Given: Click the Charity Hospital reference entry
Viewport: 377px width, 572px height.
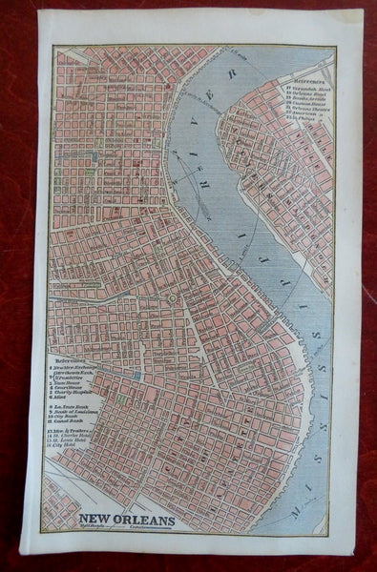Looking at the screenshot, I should tap(73, 395).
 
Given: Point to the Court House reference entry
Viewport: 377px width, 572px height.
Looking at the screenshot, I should tap(68, 388).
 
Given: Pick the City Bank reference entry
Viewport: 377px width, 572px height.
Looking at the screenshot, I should tap(67, 427).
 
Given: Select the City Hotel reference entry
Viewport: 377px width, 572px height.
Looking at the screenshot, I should tap(67, 464).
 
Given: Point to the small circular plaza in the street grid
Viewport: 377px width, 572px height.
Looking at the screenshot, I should tap(171, 298).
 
